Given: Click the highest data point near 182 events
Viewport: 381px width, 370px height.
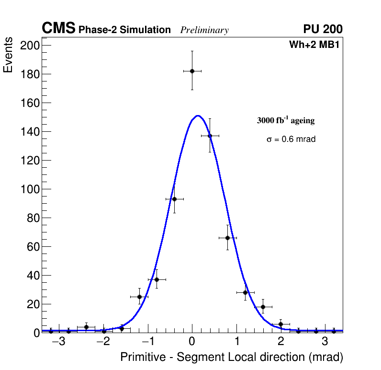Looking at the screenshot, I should tap(192, 71).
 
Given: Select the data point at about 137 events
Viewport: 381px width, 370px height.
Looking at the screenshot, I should tap(210, 136).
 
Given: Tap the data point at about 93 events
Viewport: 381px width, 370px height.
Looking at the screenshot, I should tap(174, 199).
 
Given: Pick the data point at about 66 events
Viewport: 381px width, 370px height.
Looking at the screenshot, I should tap(227, 238).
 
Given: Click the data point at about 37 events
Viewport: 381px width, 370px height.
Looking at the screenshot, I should tap(157, 279).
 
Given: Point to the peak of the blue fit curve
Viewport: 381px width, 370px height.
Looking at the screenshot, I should tap(198, 116).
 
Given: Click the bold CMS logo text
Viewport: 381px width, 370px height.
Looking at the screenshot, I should tap(58, 29).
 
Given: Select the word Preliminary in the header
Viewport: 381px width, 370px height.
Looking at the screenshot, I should tap(204, 30).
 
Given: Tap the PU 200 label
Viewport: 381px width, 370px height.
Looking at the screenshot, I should tap(323, 29).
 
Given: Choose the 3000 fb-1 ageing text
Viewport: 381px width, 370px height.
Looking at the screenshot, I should tap(286, 120).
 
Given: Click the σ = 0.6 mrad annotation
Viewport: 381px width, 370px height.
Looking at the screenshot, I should tap(291, 139).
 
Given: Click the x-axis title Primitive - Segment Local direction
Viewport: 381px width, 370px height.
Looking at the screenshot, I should tap(232, 358).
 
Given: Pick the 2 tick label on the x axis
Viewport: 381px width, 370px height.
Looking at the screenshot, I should tap(280, 342).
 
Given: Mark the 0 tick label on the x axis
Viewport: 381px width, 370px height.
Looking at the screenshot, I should tap(192, 342).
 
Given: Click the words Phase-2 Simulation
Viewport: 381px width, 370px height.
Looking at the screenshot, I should tap(124, 30).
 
